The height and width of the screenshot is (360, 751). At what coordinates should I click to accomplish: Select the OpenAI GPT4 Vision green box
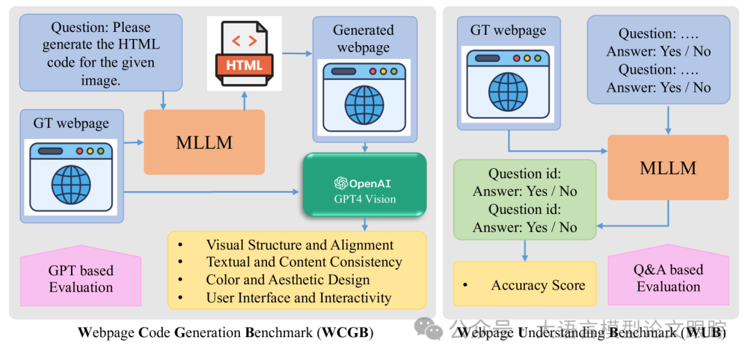point(364,184)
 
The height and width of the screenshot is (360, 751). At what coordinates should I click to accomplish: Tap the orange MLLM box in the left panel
point(204,142)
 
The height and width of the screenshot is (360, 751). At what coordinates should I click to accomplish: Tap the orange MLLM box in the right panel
point(668,167)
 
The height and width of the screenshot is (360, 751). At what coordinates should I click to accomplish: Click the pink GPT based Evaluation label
point(81,277)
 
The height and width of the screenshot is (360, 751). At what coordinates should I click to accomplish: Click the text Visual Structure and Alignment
point(300,245)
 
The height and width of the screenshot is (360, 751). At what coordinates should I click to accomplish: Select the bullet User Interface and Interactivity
point(298,298)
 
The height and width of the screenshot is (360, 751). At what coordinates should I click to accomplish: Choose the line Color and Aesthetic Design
point(288,280)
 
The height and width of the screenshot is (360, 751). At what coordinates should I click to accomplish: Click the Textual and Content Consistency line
point(304,263)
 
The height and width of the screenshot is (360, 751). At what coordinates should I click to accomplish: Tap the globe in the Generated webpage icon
point(364,105)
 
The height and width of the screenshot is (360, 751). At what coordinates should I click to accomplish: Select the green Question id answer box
point(525,200)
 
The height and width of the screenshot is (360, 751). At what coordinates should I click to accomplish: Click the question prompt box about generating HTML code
point(101,53)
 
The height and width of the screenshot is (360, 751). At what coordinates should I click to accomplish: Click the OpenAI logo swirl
point(341,183)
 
